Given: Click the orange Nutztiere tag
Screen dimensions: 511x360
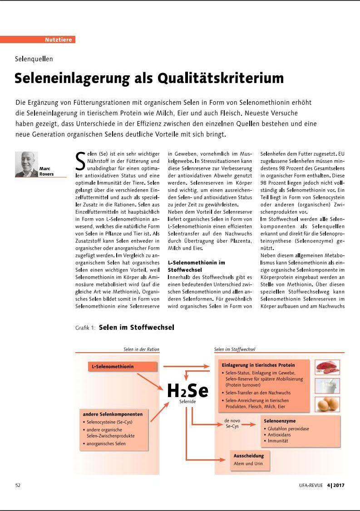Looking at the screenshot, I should pyautogui.click(x=59, y=40).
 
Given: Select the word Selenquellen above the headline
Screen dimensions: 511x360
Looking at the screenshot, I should pyautogui.click(x=34, y=59).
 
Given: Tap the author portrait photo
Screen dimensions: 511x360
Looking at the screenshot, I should pyautogui.click(x=26, y=164).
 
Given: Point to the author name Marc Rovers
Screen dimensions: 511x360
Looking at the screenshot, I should pyautogui.click(x=47, y=171).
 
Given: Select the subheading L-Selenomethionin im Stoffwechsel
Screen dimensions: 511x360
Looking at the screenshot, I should pyautogui.click(x=196, y=265).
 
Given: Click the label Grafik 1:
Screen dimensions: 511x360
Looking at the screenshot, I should pyautogui.click(x=85, y=328).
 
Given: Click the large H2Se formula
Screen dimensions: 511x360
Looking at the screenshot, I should pyautogui.click(x=187, y=390).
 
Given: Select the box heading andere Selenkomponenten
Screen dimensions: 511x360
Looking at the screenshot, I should pyautogui.click(x=113, y=414).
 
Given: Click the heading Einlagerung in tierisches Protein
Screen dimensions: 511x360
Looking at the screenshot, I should pyautogui.click(x=258, y=365).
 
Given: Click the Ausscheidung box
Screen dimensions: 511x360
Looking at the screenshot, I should pyautogui.click(x=248, y=459).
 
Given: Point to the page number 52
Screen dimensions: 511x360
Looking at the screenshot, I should pyautogui.click(x=18, y=485).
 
